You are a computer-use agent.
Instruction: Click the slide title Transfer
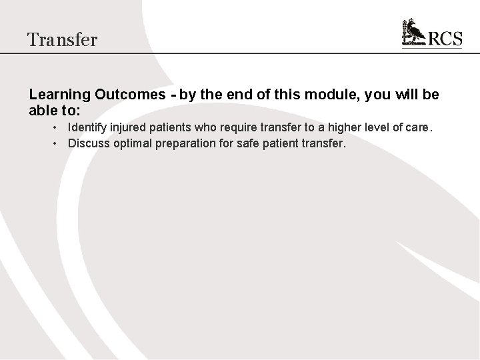pos(63,39)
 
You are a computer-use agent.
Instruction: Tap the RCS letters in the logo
pos(445,39)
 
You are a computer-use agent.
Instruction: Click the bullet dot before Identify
pos(59,127)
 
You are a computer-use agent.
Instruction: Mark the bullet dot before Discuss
pos(59,142)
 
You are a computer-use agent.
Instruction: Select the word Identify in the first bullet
pos(87,127)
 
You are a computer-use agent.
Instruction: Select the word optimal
pos(133,142)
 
